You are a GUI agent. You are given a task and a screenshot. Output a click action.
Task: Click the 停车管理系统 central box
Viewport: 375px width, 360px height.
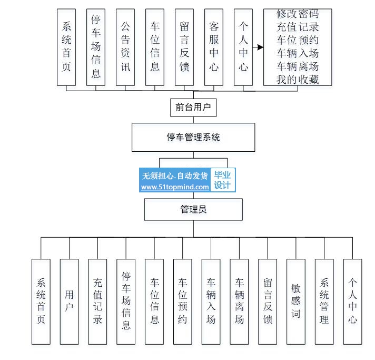193,138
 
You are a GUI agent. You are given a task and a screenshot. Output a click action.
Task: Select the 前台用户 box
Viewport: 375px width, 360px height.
193,108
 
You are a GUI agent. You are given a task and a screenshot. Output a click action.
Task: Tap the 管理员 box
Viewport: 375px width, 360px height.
193,209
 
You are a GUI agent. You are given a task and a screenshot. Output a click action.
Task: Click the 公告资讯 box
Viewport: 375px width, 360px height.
125,46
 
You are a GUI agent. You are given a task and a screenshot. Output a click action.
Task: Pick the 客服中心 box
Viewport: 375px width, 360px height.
214,46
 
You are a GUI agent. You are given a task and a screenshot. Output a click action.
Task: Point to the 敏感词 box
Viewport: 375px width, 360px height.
295,301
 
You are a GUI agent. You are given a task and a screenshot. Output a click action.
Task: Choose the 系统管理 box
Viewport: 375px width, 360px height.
324,301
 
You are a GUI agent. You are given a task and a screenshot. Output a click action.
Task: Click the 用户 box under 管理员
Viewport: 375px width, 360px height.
69,301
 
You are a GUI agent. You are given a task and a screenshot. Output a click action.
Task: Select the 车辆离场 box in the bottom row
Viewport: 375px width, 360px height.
239,301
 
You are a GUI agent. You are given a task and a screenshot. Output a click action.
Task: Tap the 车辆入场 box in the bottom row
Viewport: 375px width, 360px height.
211,301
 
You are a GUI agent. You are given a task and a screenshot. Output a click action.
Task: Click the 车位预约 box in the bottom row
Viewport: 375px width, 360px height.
182,301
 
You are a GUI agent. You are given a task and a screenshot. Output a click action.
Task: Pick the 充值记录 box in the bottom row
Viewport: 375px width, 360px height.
97,301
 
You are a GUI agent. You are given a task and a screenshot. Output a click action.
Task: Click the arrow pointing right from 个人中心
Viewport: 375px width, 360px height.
258,47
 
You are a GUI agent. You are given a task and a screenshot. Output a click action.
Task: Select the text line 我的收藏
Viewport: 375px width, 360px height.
298,79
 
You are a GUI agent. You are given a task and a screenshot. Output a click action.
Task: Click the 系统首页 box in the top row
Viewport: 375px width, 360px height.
66,46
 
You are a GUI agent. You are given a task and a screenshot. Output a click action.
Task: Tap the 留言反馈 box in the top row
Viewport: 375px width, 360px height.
184,46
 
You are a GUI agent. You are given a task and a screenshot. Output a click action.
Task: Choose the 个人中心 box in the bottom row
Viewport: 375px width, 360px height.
352,301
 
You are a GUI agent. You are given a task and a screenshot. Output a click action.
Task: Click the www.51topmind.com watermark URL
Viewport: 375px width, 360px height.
175,187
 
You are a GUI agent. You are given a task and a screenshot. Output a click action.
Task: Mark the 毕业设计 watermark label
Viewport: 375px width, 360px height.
223,180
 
